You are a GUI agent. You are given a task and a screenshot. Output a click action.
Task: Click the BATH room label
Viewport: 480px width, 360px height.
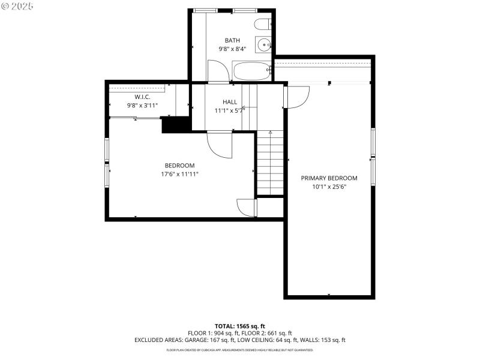coord(232,40)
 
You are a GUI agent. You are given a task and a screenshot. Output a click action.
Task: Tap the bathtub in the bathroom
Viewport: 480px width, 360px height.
coord(252,71)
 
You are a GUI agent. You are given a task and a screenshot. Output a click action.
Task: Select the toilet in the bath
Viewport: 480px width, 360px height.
coord(262,25)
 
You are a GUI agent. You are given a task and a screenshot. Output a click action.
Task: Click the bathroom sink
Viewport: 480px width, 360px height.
coord(263,44)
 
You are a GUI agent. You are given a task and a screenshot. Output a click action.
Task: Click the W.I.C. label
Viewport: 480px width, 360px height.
coord(142,97)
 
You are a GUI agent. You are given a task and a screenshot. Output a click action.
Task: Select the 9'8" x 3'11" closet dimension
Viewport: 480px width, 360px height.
coord(142,105)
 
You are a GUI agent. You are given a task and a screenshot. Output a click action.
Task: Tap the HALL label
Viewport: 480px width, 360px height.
coord(230,102)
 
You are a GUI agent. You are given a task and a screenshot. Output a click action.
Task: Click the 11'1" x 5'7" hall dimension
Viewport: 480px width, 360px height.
coord(230,110)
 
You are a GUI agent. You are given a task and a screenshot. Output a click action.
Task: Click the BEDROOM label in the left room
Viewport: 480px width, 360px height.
coord(179,166)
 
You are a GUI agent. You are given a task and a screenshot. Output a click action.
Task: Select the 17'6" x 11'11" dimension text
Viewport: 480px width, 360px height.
coord(179,174)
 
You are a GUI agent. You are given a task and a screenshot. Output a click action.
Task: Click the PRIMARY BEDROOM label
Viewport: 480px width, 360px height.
coord(329,178)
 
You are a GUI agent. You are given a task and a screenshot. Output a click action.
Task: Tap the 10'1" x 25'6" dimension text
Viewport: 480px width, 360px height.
coord(329,187)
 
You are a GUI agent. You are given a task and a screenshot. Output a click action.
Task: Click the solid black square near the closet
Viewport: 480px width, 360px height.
coord(171,125)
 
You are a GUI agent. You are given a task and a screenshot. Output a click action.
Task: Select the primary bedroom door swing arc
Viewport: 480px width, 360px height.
coord(298,95)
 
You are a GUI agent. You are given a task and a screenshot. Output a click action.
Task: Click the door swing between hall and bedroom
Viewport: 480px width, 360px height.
coord(219,145)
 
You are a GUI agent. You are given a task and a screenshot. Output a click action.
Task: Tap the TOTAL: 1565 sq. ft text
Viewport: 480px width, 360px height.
coord(239,326)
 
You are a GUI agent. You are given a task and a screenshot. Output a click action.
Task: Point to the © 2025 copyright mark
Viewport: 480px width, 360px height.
coord(17,6)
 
